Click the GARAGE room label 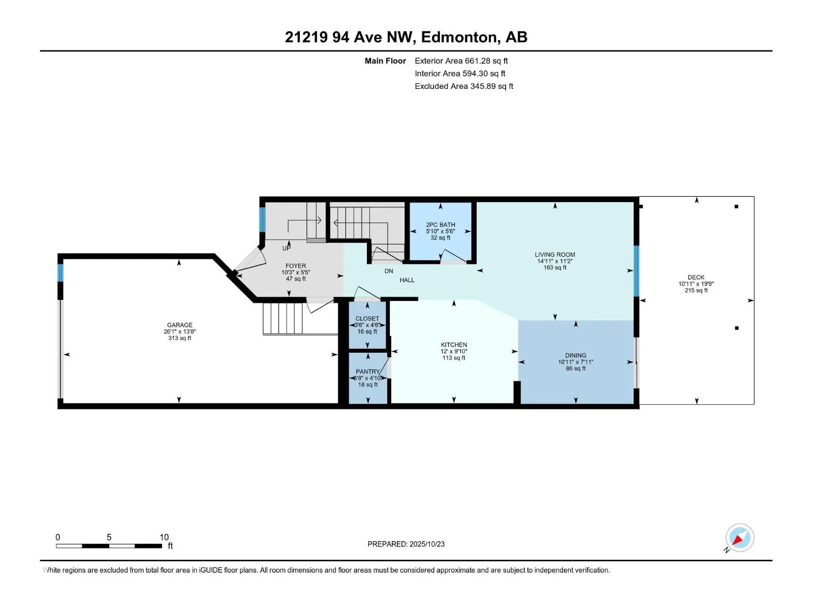(x=180, y=325)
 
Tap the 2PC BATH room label (x=441, y=225)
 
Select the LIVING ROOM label (x=555, y=255)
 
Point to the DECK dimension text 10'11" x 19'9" (x=696, y=284)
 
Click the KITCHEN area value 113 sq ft (x=454, y=358)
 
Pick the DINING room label (x=576, y=355)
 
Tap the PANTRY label (x=367, y=372)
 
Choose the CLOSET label (x=367, y=319)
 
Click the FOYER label (x=296, y=265)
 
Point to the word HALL (x=407, y=280)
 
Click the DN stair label (x=389, y=271)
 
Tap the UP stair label (x=287, y=248)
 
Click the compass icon (x=740, y=537)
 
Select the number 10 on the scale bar (x=164, y=537)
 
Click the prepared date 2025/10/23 (x=427, y=544)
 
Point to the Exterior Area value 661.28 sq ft (x=486, y=60)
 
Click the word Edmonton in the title (x=459, y=37)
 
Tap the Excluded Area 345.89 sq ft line (x=464, y=86)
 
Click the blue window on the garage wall (x=60, y=272)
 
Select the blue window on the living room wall (x=636, y=271)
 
